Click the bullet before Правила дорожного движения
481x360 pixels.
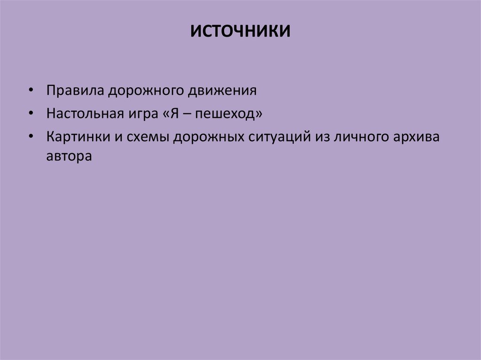click(x=31, y=91)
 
